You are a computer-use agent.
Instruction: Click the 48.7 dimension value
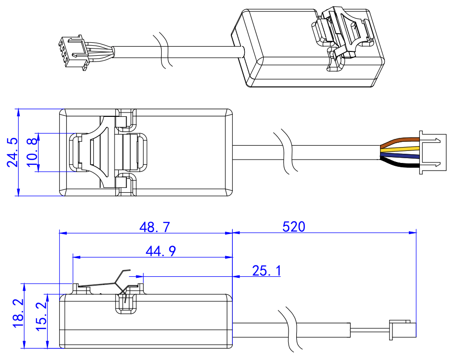click(x=154, y=227)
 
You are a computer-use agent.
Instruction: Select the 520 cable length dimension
click(x=294, y=226)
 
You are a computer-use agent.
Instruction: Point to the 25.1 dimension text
click(x=266, y=271)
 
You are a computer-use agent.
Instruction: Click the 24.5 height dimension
click(x=13, y=152)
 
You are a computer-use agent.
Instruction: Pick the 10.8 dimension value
click(x=32, y=152)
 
